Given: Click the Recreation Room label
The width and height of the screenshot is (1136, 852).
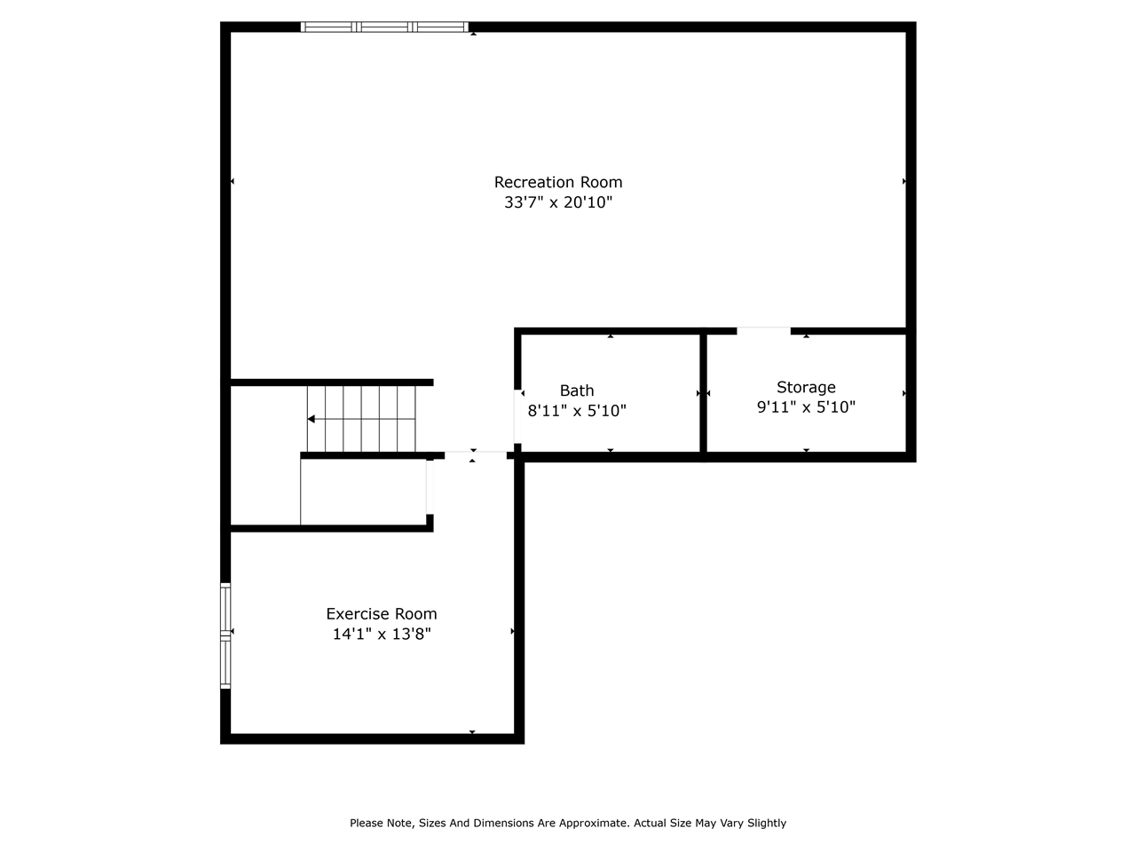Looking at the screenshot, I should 558,182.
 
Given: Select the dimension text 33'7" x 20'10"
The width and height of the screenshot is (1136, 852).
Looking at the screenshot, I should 558,202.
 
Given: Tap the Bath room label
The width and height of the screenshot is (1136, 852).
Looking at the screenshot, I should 577,390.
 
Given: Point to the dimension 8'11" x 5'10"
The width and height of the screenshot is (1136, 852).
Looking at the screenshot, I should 577,411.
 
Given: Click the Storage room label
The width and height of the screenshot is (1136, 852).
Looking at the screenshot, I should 806,387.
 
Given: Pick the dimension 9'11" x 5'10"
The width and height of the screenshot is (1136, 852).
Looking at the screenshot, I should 806,407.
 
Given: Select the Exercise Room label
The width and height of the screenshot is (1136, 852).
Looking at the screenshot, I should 382,613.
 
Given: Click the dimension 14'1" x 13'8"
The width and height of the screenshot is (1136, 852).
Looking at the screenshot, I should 382,634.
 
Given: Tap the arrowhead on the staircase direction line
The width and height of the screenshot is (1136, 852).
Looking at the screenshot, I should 312,419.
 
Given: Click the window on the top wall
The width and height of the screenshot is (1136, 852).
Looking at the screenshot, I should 384,27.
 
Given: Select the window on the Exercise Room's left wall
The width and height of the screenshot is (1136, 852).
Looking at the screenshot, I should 225,635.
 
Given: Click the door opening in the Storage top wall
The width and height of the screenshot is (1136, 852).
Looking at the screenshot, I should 763,331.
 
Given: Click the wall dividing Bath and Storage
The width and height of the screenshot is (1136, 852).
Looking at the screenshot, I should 703,395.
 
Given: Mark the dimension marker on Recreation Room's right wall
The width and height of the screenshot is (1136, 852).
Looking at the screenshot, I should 904,181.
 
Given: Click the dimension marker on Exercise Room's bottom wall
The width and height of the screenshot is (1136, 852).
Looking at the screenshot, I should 472,732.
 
